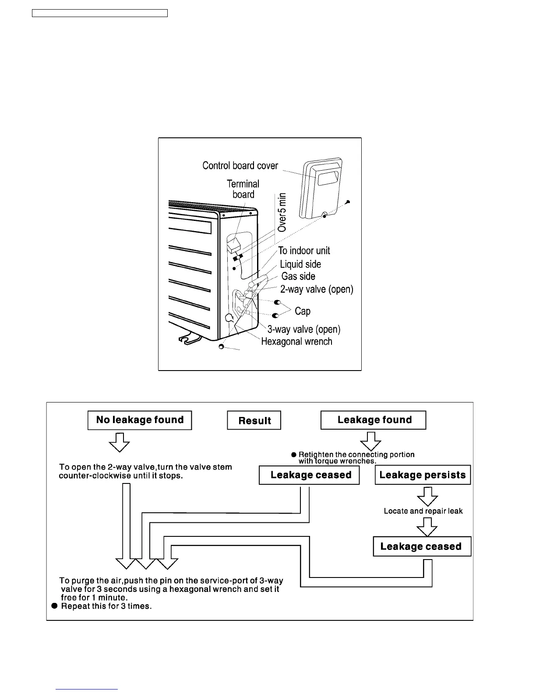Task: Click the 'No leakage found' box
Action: click(x=140, y=420)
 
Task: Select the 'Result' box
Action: click(x=254, y=420)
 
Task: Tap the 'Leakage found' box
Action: click(x=374, y=420)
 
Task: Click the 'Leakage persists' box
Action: click(x=423, y=475)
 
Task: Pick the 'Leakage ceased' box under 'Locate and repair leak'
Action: click(x=422, y=546)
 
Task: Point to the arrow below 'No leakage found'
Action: click(x=119, y=442)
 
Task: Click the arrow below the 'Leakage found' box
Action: click(x=371, y=441)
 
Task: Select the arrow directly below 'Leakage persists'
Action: click(x=427, y=496)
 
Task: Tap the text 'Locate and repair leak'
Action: click(x=423, y=511)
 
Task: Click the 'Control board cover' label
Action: click(x=240, y=166)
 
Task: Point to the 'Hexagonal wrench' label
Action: click(x=296, y=342)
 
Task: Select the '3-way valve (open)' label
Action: click(x=304, y=329)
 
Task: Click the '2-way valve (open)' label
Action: click(x=317, y=289)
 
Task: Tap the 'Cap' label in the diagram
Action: click(x=303, y=311)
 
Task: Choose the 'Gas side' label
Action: click(x=298, y=276)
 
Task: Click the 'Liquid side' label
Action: click(x=300, y=264)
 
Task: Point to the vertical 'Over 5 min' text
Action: click(x=282, y=212)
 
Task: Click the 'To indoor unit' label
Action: click(x=304, y=251)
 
